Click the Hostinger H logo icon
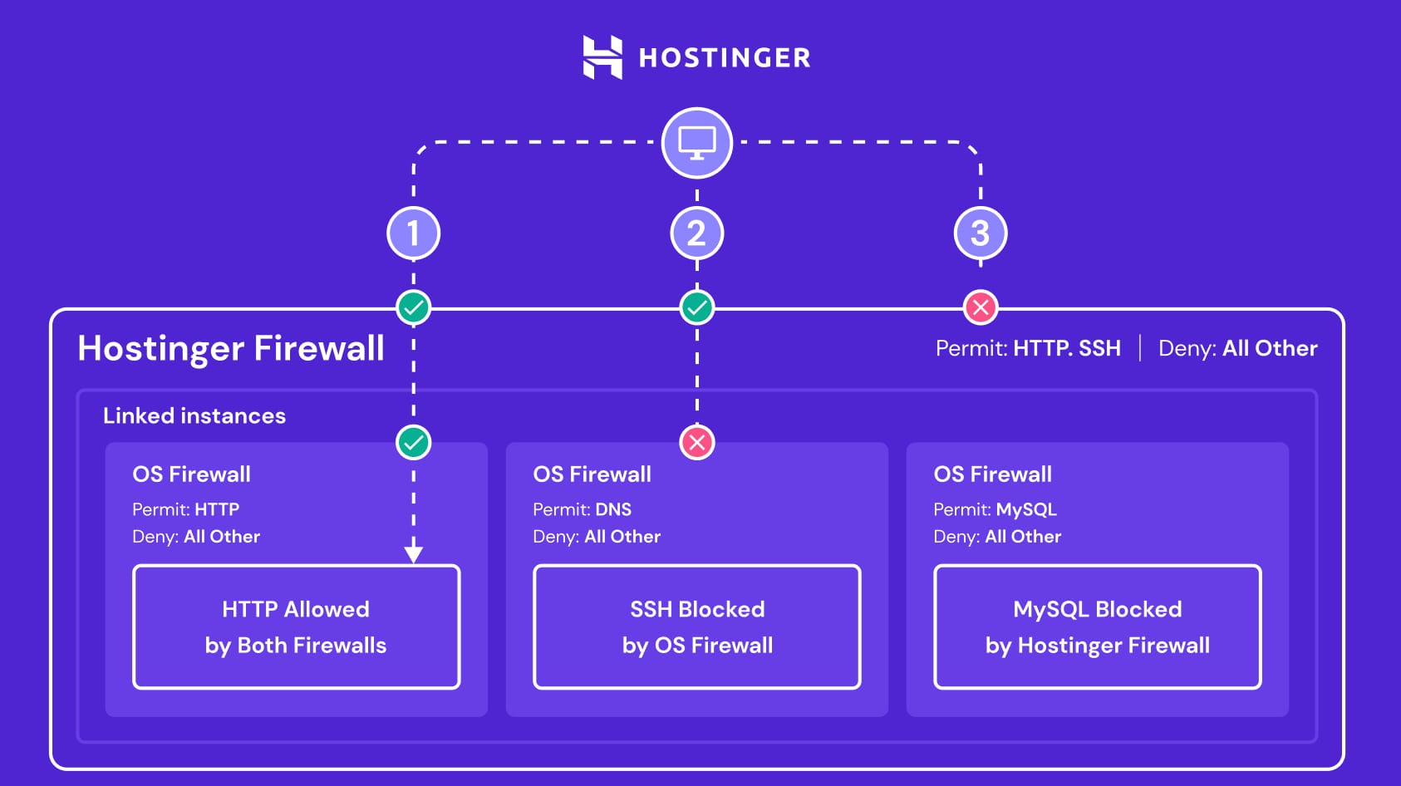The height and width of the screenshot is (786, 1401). pos(602,57)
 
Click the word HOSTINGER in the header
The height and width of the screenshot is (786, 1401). pos(725,58)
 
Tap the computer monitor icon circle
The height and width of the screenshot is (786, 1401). pos(696,143)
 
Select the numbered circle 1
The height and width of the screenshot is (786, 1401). pos(414,233)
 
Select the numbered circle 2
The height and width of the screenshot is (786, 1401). pos(696,233)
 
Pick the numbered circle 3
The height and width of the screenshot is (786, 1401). pos(981,233)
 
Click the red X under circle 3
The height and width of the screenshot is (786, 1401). pos(981,307)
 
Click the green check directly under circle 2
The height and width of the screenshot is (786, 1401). pos(696,307)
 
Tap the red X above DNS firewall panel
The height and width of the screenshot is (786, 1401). pos(696,442)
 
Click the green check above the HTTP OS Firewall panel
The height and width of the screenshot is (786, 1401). pos(414,442)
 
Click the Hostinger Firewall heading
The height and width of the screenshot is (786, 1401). pos(231,348)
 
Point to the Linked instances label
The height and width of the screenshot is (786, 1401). pos(194,415)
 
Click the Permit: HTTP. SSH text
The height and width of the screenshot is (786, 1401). pos(1028,348)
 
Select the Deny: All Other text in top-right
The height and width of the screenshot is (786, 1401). pos(1237,348)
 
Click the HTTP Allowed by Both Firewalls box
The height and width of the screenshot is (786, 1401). pos(296,627)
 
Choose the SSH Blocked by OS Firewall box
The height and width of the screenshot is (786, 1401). pos(696,627)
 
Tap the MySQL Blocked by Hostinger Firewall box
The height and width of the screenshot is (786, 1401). pos(1097,627)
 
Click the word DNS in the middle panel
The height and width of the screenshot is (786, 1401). pos(613,509)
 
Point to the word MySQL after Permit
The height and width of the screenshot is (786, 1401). pos(1026,509)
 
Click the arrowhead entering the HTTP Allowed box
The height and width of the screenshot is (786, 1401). pos(414,554)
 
